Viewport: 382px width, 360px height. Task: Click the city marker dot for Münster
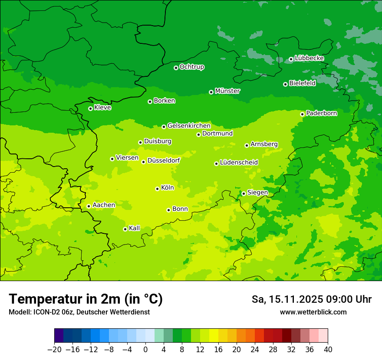(211, 92)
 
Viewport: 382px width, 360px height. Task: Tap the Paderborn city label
(322, 113)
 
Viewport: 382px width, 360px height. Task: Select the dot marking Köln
(157, 189)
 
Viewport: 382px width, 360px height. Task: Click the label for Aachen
(104, 205)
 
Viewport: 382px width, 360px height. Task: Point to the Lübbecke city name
(309, 58)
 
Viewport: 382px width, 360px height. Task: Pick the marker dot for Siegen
(244, 193)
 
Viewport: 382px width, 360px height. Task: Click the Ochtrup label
(192, 67)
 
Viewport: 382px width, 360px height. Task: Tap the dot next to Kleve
(90, 108)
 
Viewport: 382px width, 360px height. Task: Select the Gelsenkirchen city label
(189, 126)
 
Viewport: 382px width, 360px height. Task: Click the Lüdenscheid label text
(239, 162)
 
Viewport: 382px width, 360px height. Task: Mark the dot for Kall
(125, 229)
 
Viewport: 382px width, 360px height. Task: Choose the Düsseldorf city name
(164, 160)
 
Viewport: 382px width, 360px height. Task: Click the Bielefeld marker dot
(285, 84)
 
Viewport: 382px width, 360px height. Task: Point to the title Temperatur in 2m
(86, 299)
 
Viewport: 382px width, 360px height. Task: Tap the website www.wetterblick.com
(313, 312)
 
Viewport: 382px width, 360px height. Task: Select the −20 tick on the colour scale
(54, 350)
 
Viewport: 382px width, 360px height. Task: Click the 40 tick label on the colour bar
(328, 350)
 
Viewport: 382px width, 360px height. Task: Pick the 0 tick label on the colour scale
(145, 350)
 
